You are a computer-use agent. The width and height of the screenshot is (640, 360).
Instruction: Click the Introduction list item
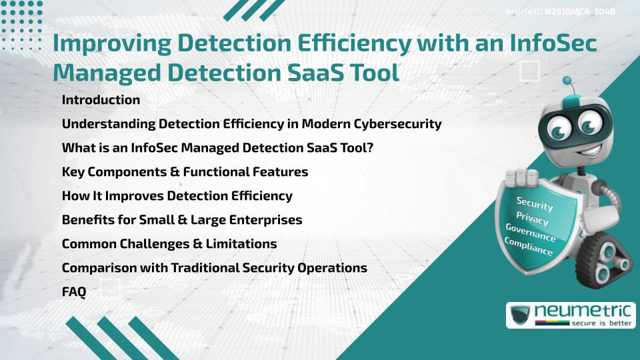click(x=101, y=100)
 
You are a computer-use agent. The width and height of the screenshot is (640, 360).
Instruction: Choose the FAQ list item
click(x=74, y=291)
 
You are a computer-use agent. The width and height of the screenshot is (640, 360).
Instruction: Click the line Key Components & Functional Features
click(x=185, y=172)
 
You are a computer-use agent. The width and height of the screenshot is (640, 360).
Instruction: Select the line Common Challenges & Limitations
click(x=169, y=244)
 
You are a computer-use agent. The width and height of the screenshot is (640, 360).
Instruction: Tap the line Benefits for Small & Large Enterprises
click(x=182, y=220)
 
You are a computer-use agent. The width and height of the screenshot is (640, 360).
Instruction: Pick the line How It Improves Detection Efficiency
click(x=177, y=196)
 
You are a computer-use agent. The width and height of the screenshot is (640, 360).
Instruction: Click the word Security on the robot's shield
click(x=535, y=203)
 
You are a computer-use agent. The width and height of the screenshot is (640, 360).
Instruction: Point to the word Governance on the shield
click(x=531, y=231)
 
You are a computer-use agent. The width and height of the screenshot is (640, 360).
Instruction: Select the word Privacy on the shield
click(x=533, y=217)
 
